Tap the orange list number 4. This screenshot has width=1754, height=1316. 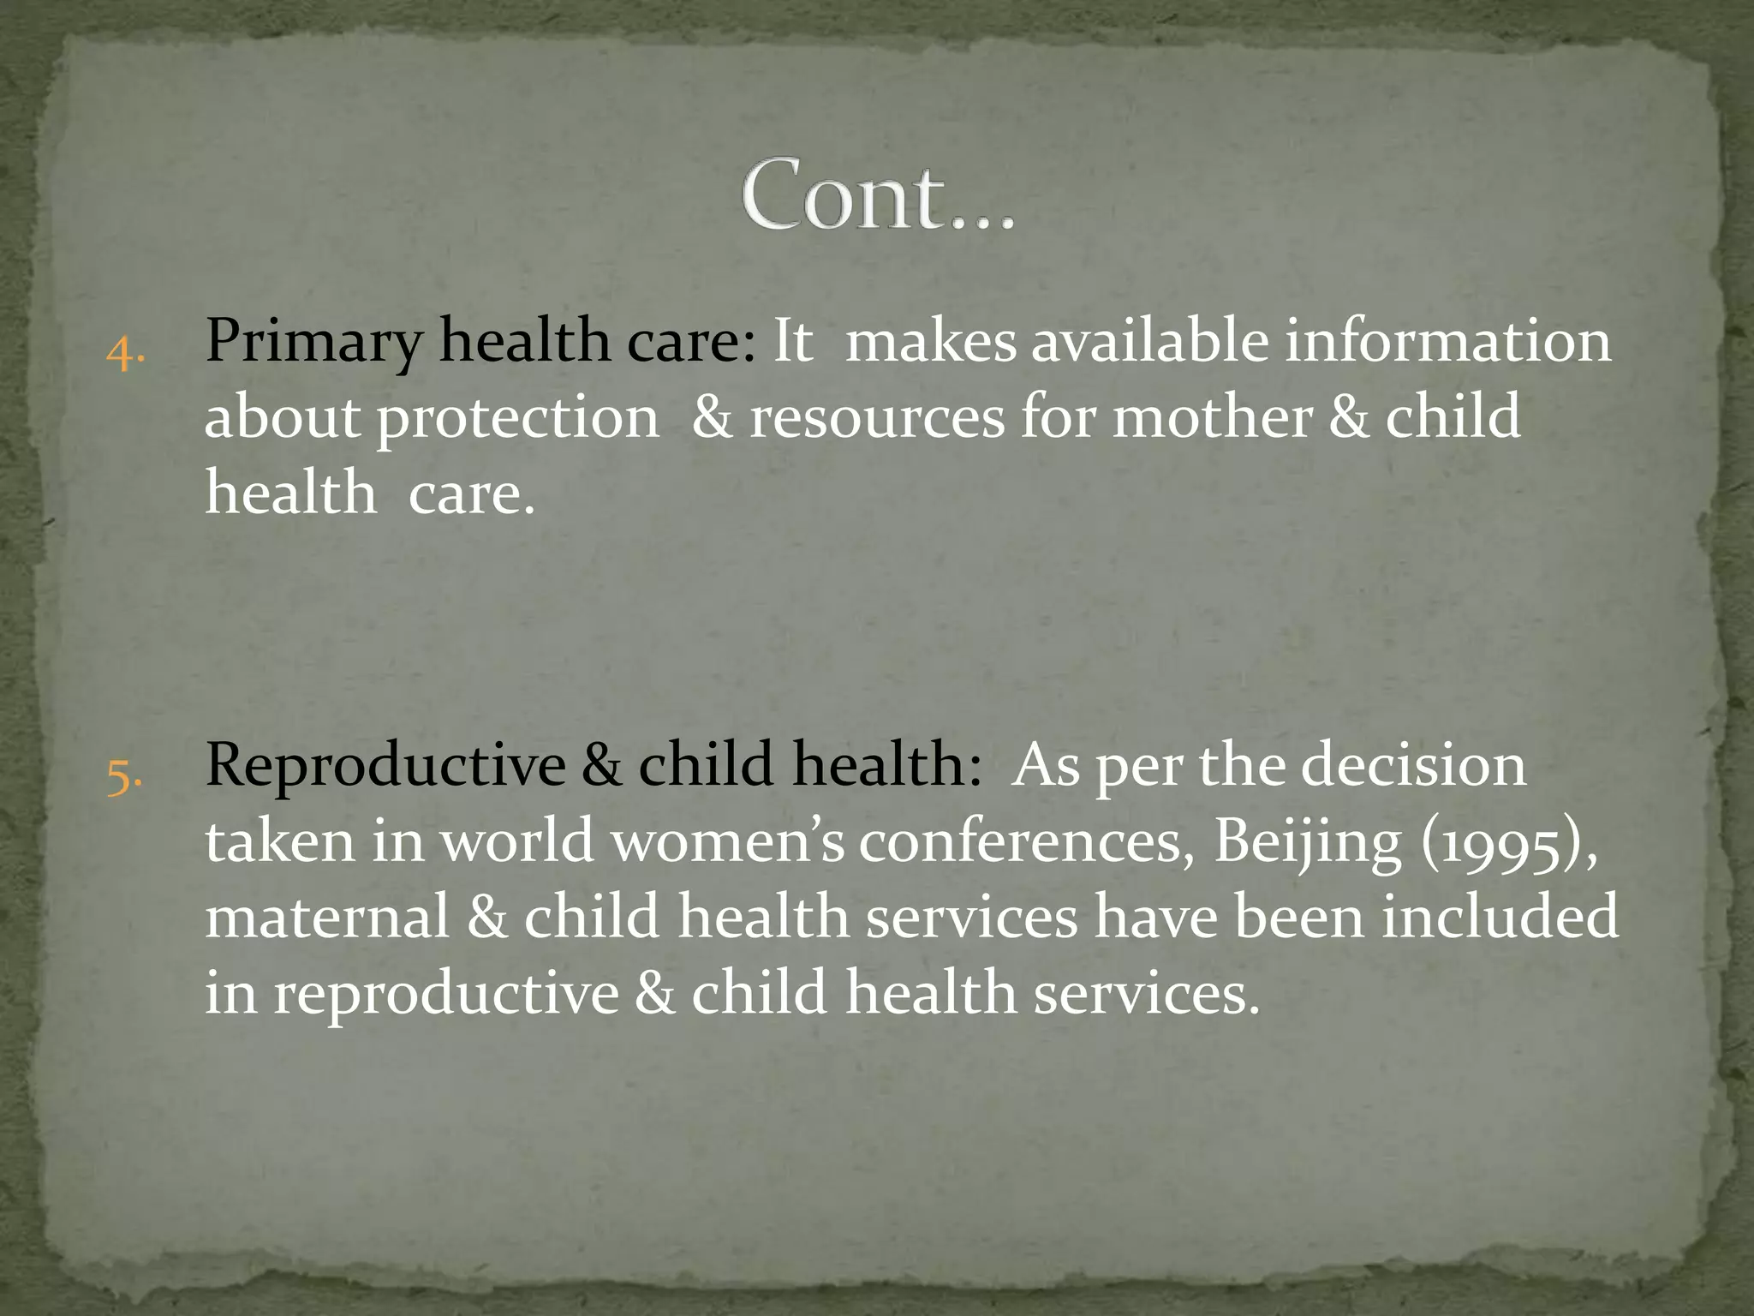125,351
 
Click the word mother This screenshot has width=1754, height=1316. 1212,418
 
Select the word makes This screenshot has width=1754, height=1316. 930,341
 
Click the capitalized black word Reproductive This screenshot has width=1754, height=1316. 385,765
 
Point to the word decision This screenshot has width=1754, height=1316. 1413,765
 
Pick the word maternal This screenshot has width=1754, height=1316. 328,917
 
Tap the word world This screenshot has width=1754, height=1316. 517,841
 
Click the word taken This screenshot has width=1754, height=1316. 280,841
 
